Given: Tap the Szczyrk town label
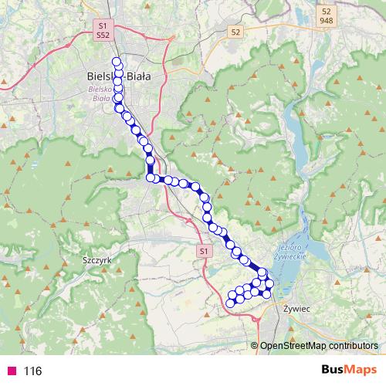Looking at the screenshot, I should [96, 261].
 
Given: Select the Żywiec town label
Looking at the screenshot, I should [296, 308].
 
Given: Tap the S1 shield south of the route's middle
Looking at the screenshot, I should [203, 252].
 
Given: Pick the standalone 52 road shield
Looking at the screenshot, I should [235, 32].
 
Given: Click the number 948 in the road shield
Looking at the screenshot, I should [327, 22].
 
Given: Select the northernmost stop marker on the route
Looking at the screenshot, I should [117, 62].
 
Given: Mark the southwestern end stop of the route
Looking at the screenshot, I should [230, 303].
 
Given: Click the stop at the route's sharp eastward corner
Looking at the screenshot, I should [150, 178].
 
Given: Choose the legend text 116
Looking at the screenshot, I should [32, 371].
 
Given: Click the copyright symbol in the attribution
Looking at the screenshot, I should [255, 346].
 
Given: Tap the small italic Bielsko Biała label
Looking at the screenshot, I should [101, 94].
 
